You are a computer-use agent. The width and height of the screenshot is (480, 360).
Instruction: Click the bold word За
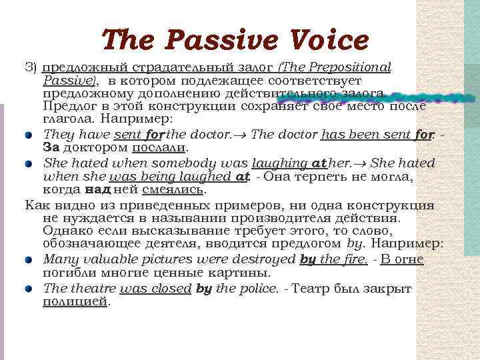click(x=51, y=147)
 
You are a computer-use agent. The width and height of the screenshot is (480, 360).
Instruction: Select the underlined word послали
click(x=160, y=147)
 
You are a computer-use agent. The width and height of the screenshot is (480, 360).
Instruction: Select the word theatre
click(x=90, y=288)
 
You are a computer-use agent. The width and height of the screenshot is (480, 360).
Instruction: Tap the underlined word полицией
click(x=75, y=301)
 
